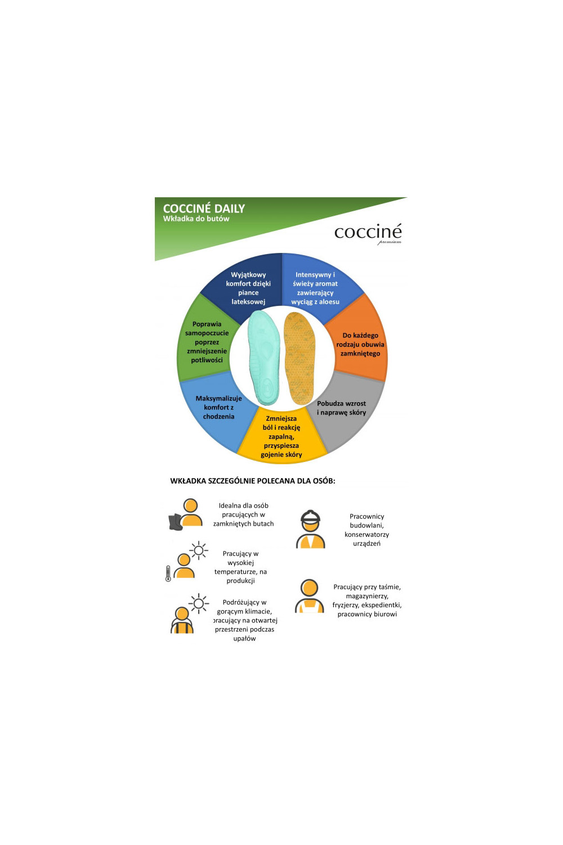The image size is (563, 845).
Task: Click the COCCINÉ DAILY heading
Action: (204, 208)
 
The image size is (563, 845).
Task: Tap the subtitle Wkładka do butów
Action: (196, 219)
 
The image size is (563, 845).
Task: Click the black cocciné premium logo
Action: (368, 233)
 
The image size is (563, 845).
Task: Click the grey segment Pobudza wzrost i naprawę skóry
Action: (344, 410)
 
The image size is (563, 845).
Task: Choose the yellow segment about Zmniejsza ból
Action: (281, 436)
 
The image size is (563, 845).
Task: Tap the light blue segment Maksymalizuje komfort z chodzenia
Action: (217, 410)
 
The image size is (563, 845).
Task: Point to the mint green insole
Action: (264, 358)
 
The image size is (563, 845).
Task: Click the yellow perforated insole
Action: (300, 358)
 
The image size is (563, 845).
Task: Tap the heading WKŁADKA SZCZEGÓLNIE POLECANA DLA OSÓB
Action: (253, 481)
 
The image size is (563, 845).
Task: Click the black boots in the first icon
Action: (176, 522)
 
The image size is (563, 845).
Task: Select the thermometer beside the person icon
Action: (168, 573)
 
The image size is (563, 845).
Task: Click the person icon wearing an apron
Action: (309, 596)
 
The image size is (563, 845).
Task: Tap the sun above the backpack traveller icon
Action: (199, 603)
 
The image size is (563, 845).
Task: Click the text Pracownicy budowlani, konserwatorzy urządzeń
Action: (367, 530)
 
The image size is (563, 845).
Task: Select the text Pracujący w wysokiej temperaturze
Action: (240, 567)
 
